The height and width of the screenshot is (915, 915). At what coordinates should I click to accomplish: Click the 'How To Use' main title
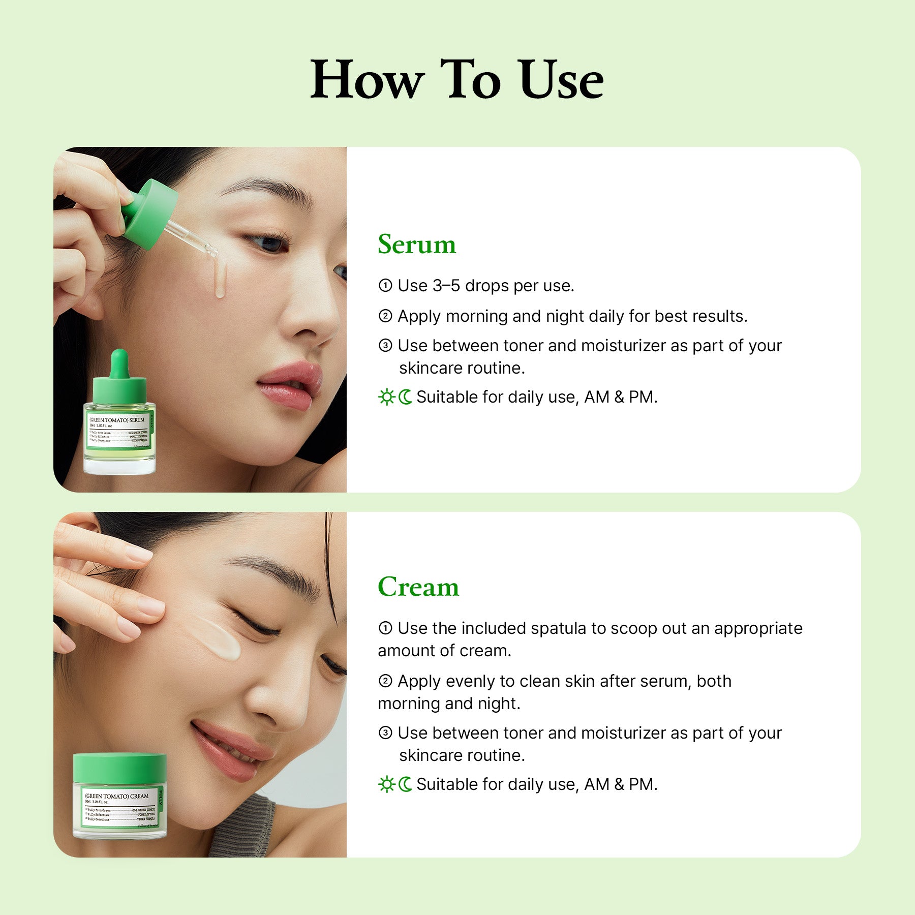(456, 80)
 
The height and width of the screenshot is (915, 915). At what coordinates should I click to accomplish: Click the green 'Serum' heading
(417, 245)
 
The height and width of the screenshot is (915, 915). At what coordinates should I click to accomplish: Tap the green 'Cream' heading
(418, 587)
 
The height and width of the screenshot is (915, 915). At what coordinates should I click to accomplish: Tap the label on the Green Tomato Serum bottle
(118, 431)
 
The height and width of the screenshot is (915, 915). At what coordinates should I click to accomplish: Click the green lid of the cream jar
(120, 768)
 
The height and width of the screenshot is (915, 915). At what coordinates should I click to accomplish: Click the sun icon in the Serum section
(386, 397)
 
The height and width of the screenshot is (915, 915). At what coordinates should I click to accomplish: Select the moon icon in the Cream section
(405, 784)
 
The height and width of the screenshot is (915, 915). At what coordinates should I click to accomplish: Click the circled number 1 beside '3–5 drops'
(385, 286)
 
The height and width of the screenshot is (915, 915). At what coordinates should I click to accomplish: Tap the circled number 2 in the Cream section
(385, 681)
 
